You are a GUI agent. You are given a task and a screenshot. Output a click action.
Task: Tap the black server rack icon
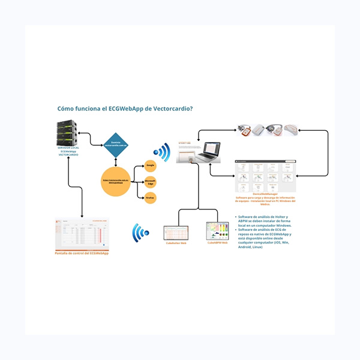[67, 132]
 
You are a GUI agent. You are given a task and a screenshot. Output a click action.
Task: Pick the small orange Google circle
[151, 165]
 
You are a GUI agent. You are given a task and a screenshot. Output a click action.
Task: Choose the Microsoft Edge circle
[151, 181]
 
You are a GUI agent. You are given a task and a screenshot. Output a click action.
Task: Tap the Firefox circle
[151, 197]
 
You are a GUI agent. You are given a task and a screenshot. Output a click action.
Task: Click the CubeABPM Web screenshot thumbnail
[218, 232]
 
